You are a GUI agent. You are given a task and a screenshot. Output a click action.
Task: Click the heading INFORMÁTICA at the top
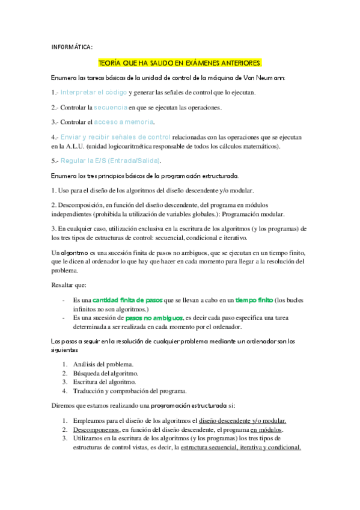(x=72, y=48)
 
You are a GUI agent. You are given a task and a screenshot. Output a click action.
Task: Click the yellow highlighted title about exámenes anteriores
(x=180, y=63)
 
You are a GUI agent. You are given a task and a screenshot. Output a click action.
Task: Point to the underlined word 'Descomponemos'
(x=96, y=430)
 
